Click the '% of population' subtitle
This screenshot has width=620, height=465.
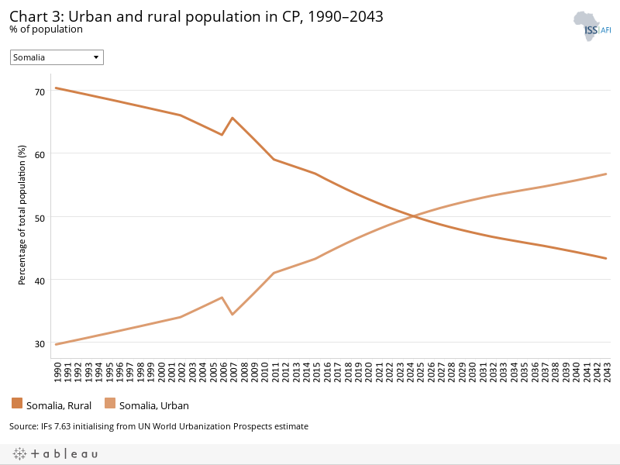(46, 29)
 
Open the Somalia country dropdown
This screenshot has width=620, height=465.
(57, 57)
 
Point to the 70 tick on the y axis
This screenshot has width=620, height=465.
(40, 91)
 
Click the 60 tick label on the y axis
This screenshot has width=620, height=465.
(40, 153)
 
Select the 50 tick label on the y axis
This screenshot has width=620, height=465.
(40, 217)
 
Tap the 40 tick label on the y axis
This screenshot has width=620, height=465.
(40, 280)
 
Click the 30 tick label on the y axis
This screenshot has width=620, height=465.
(40, 343)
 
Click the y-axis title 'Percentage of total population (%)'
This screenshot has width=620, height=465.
(22, 217)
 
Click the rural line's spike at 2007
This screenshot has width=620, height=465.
(232, 118)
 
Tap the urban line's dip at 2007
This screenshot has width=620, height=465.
(232, 315)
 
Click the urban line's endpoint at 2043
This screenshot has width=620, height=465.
(606, 174)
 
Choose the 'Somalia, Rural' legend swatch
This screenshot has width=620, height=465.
(17, 403)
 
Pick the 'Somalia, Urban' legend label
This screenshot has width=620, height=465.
(153, 405)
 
